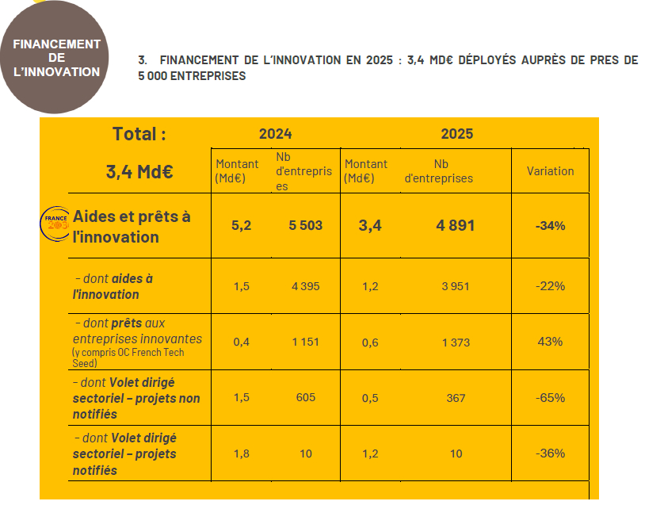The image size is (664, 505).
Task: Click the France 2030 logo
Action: pyautogui.click(x=55, y=223)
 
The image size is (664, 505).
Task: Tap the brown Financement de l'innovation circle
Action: pyautogui.click(x=57, y=57)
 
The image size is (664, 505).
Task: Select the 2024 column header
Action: pyautogui.click(x=275, y=134)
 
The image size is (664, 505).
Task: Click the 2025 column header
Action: pyautogui.click(x=456, y=134)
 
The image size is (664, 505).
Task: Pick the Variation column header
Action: pyautogui.click(x=550, y=171)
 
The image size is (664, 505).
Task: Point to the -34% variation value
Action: pyautogui.click(x=550, y=226)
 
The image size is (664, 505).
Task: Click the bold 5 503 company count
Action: pyautogui.click(x=305, y=226)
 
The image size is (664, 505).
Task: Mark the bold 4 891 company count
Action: pyautogui.click(x=456, y=226)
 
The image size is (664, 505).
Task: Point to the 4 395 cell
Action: pyautogui.click(x=305, y=286)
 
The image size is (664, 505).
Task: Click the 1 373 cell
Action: pyautogui.click(x=456, y=342)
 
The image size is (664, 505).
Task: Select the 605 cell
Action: pyautogui.click(x=305, y=398)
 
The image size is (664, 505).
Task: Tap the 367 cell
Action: pyautogui.click(x=456, y=398)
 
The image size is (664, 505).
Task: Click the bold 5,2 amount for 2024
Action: pyautogui.click(x=241, y=226)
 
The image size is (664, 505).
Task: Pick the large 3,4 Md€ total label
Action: pyautogui.click(x=139, y=170)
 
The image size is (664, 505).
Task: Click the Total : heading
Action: pyautogui.click(x=139, y=134)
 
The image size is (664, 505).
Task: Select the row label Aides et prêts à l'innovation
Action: pyautogui.click(x=132, y=226)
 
